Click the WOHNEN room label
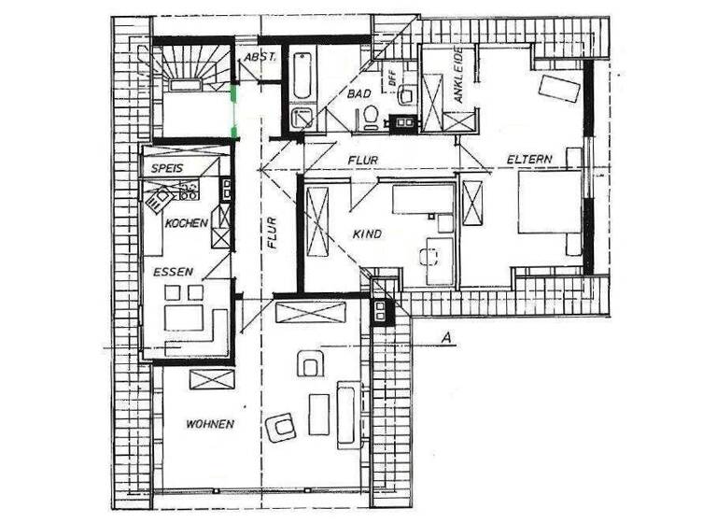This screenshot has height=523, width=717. click(x=209, y=424)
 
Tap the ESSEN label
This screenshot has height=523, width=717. click(x=175, y=272)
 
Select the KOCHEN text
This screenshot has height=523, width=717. click(x=186, y=225)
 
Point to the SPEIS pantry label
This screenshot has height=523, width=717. click(x=163, y=168)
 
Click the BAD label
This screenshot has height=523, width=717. click(x=361, y=94)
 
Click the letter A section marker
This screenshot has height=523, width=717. click(x=449, y=338)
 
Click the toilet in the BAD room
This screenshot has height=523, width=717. click(x=370, y=116)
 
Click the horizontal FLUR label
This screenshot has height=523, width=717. click(x=364, y=161)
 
